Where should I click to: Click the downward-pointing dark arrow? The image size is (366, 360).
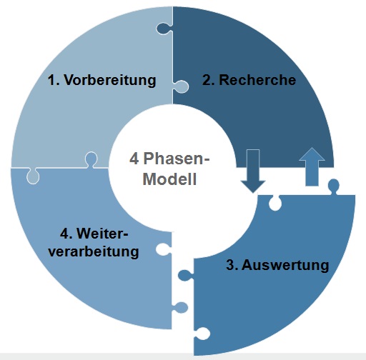coord(253,171)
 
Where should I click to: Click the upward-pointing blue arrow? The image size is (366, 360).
coord(312,166)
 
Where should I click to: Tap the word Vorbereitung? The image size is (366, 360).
coord(110,80)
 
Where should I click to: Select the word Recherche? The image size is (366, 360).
coord(257,80)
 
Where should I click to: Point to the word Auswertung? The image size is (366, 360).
coord(285,265)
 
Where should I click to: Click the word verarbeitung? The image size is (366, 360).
coord(94,252)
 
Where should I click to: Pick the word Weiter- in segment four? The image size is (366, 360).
coord(102,234)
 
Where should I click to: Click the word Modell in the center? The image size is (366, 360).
coord(169,179)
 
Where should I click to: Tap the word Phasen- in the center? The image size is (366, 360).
coord(177,159)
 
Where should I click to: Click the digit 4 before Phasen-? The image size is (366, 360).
coord(134,159)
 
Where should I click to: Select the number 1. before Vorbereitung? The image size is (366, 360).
coord(54,80)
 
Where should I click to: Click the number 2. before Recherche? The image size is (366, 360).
coord(208,80)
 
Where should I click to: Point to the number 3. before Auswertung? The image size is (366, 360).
coord(232,265)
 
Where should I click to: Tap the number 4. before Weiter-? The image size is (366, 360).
coord(66,234)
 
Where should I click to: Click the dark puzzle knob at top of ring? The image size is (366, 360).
coord(164,29)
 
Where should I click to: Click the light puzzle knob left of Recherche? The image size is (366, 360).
coord(181,86)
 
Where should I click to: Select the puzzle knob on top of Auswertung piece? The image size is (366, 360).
coord(334,186)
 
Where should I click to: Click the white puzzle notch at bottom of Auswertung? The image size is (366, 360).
coord(202,334)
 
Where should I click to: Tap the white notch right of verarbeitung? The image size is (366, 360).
coord(164,249)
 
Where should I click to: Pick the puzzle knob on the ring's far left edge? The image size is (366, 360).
coord(33,176)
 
